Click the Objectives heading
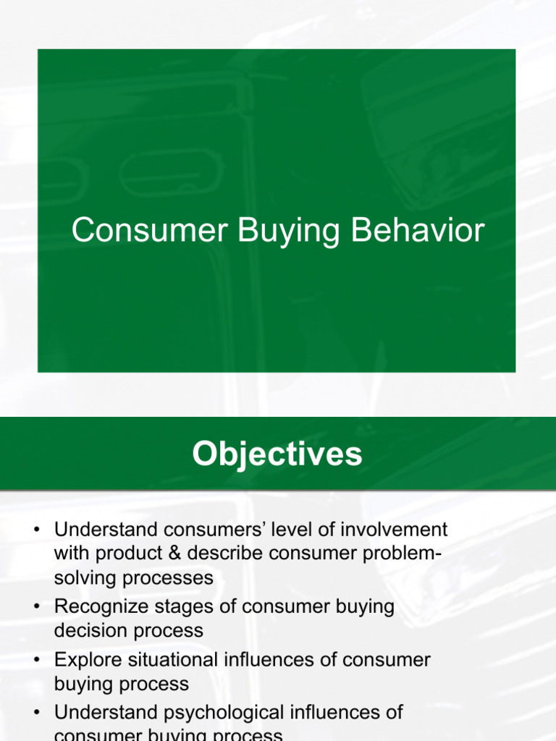(x=277, y=454)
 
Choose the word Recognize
(x=103, y=606)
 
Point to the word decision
(x=83, y=630)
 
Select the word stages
(x=188, y=606)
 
